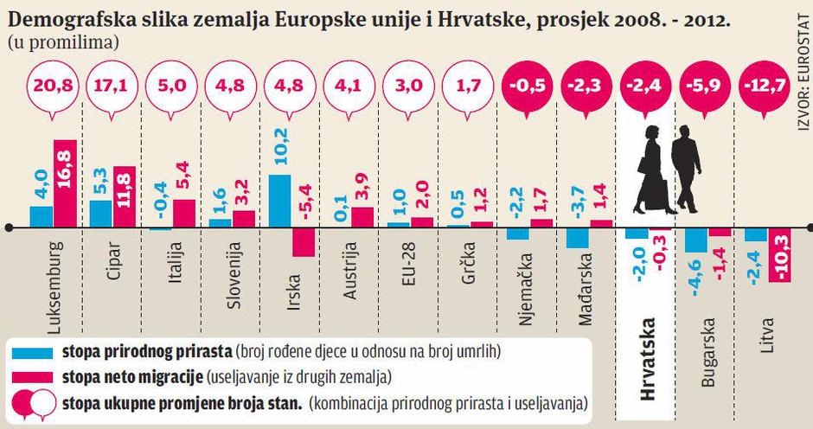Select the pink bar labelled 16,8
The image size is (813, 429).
coord(65,182)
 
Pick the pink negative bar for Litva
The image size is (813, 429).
coord(781,254)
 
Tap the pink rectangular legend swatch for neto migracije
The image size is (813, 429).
coord(33,376)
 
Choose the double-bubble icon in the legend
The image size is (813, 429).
coord(33,402)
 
